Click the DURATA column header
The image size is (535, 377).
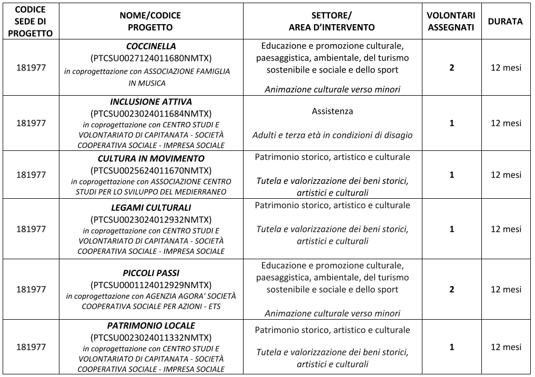click(x=505, y=22)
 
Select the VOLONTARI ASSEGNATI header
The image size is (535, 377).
click(x=451, y=22)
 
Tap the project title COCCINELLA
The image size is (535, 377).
click(x=150, y=46)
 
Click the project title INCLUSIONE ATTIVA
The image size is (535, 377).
click(x=150, y=101)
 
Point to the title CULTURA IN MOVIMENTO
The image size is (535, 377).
click(x=150, y=158)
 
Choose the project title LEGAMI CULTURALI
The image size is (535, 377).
click(x=150, y=208)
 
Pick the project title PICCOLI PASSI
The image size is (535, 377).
click(x=150, y=273)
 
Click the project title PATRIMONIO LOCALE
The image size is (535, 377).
click(x=150, y=325)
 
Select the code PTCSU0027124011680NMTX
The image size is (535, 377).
click(x=150, y=57)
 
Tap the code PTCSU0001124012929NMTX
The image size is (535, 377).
click(x=150, y=284)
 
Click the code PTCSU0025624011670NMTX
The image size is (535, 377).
click(x=150, y=170)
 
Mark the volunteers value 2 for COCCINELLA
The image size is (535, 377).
click(x=451, y=68)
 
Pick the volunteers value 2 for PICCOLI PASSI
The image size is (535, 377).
click(x=451, y=289)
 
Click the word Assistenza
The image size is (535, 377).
click(x=332, y=111)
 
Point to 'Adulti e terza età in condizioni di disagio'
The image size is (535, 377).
click(x=332, y=135)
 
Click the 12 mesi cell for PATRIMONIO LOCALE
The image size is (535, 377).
click(x=506, y=347)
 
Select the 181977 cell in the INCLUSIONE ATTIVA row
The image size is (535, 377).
click(x=31, y=123)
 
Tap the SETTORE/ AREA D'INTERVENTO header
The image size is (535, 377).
click(x=332, y=22)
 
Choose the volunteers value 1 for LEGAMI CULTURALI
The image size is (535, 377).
click(x=451, y=229)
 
